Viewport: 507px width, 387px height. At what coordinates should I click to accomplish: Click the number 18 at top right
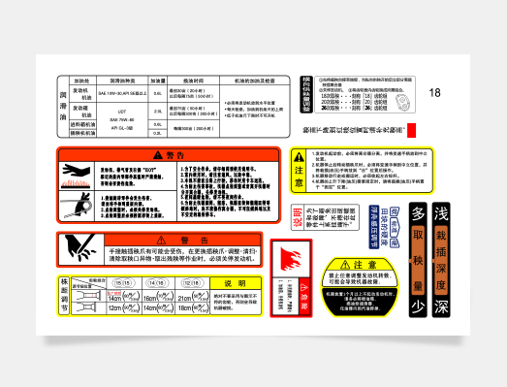point(435,92)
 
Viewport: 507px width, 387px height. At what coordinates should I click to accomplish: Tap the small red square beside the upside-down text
point(411,130)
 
